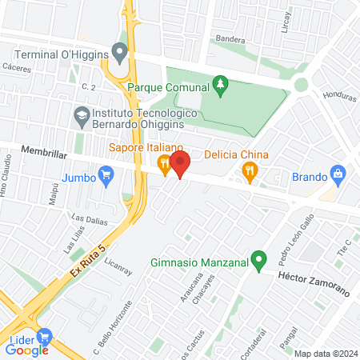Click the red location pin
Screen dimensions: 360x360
(x=180, y=165)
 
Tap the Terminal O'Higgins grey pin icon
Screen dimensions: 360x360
(x=121, y=54)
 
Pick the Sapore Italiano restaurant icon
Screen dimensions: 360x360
(x=164, y=166)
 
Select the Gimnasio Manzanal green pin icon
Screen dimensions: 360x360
(x=258, y=260)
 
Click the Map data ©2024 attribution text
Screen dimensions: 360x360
(x=324, y=354)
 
